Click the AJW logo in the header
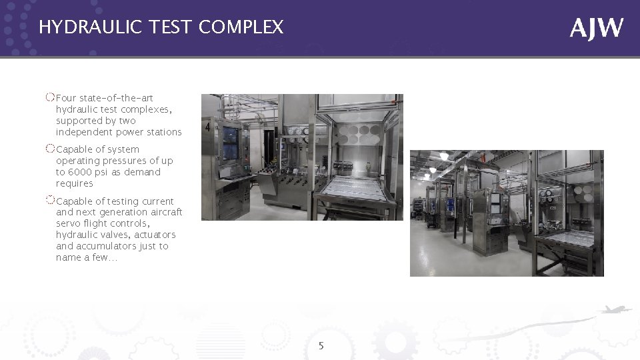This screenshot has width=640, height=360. [597, 28]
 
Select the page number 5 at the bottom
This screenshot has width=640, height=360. [321, 346]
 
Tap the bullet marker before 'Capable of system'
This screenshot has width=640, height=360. [51, 148]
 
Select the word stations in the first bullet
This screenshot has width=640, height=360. [165, 132]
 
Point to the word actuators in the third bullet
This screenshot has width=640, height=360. [153, 235]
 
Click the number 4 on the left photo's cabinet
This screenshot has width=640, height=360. [208, 126]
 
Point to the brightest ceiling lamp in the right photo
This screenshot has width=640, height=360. [443, 156]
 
